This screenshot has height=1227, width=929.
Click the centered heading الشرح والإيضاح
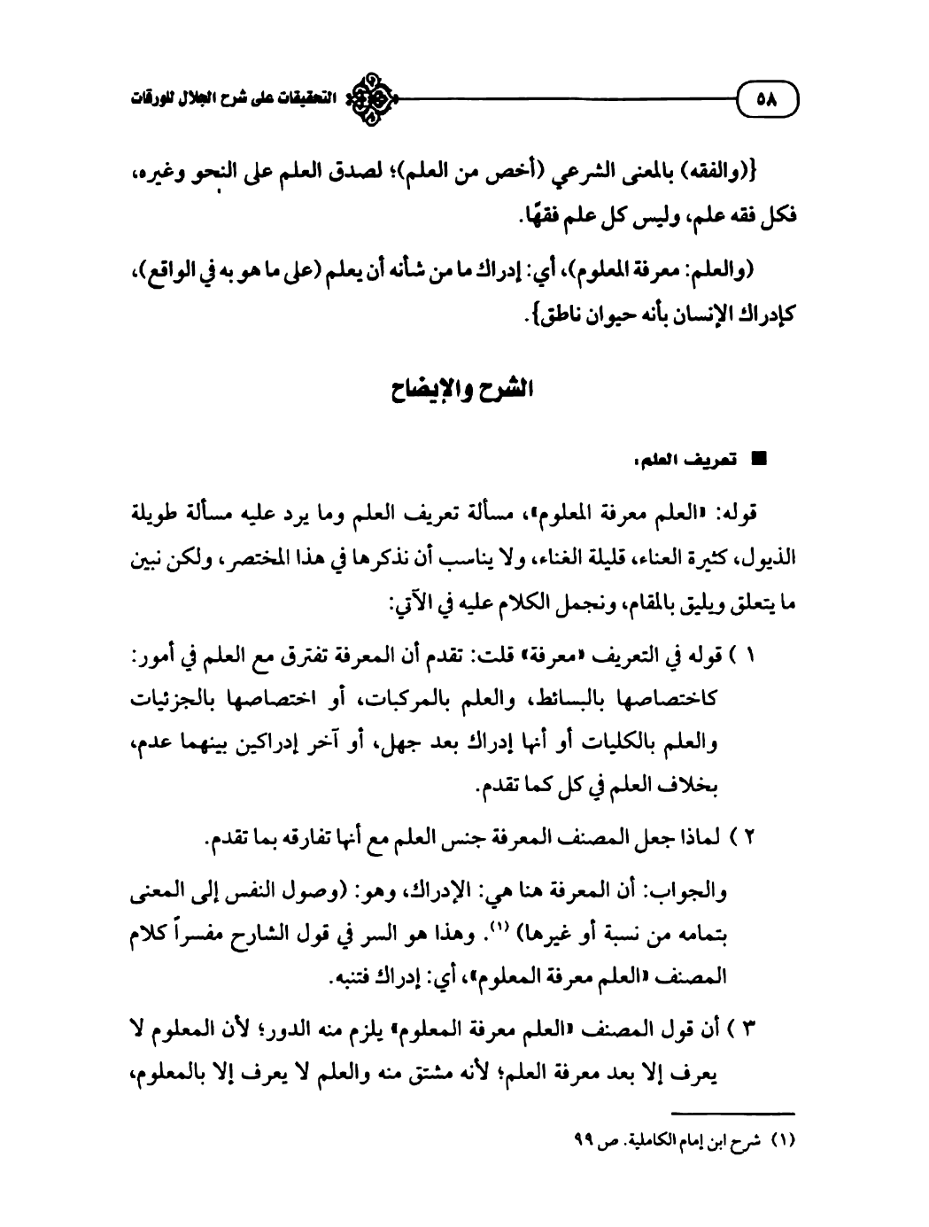coord(466,391)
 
